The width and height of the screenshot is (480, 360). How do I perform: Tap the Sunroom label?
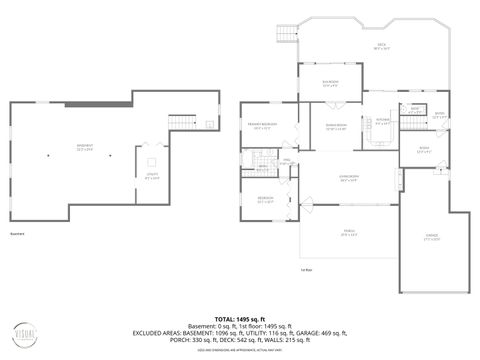[329, 84]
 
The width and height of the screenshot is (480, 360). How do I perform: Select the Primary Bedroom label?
[262, 127]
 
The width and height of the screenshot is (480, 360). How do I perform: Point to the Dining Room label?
[336, 127]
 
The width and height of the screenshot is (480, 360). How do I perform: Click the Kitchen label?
[382, 121]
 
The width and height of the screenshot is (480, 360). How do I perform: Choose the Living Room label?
[349, 180]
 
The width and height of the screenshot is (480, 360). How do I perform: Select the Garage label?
[432, 239]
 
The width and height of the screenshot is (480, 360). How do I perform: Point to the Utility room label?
[152, 176]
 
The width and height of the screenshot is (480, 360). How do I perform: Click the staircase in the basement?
[180, 121]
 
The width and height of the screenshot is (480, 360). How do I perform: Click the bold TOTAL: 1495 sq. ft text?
[239, 319]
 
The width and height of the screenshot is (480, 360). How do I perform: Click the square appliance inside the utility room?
[152, 162]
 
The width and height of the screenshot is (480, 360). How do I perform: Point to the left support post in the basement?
[47, 156]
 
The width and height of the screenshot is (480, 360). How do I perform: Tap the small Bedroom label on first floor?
[264, 199]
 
